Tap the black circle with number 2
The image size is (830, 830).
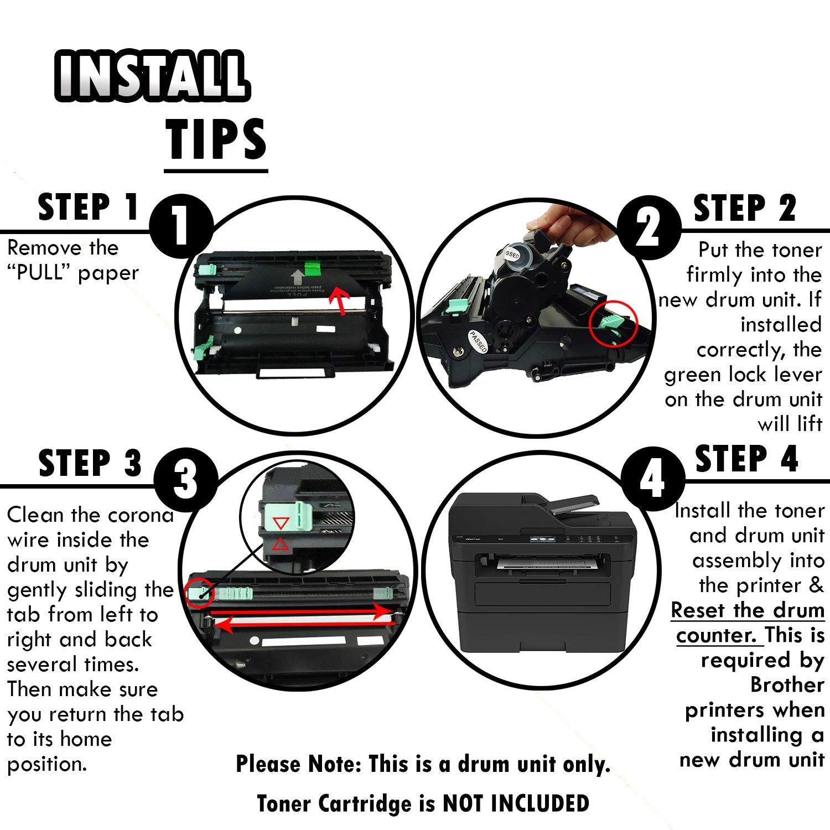[649, 227]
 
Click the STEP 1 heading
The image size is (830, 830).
[89, 207]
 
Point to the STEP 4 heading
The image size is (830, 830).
[746, 459]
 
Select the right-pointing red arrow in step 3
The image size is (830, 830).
[301, 611]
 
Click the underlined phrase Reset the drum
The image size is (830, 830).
[748, 610]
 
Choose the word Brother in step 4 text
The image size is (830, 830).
[787, 685]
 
